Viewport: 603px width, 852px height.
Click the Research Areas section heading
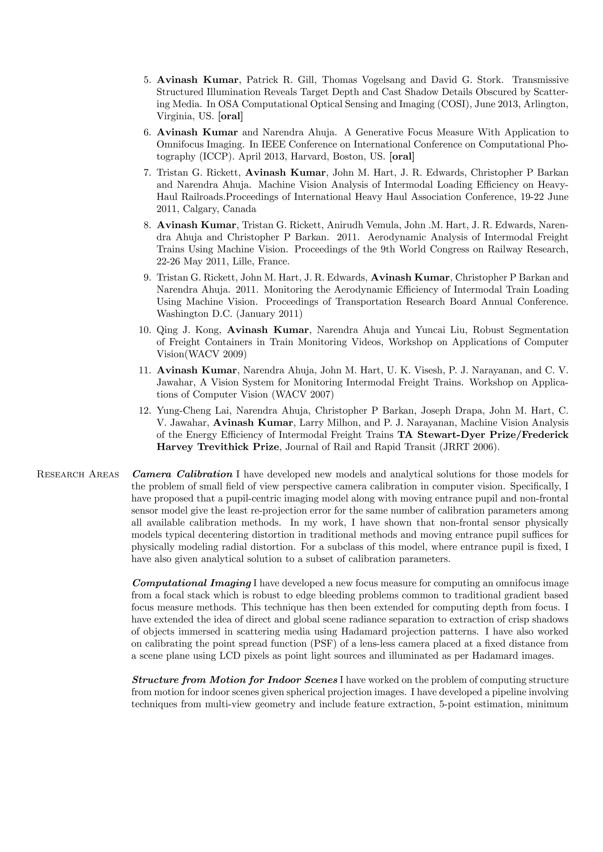click(x=78, y=474)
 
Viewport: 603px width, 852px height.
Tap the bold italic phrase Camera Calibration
click(x=182, y=474)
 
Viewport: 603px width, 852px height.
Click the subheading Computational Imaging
click(x=192, y=583)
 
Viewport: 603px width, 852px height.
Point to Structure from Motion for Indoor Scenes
click(x=235, y=680)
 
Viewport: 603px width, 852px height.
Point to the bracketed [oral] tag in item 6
click(x=402, y=157)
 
